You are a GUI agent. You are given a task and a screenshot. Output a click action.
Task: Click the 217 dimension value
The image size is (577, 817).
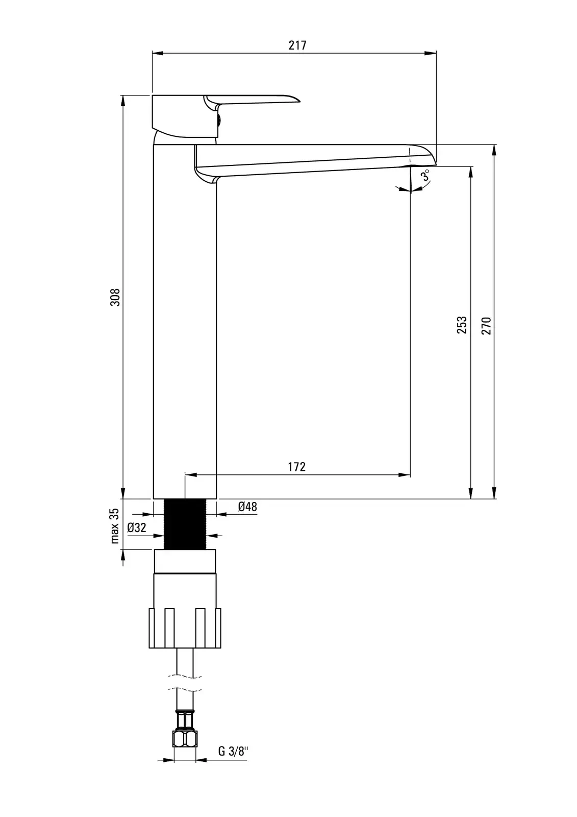tap(297, 45)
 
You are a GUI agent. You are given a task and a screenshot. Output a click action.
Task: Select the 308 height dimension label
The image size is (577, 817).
tap(115, 297)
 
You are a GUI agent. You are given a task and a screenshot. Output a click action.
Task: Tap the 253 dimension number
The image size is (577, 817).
tap(462, 325)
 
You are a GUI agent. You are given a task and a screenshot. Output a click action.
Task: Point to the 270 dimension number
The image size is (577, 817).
tap(486, 326)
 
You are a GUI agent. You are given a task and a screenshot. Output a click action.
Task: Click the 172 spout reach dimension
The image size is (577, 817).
tap(297, 467)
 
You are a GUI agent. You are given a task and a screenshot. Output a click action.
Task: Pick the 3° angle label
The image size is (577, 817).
tap(425, 176)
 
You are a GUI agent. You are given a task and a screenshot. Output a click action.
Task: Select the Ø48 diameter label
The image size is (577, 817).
tap(248, 507)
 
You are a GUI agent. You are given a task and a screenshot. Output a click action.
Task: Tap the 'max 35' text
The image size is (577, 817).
tap(115, 525)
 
